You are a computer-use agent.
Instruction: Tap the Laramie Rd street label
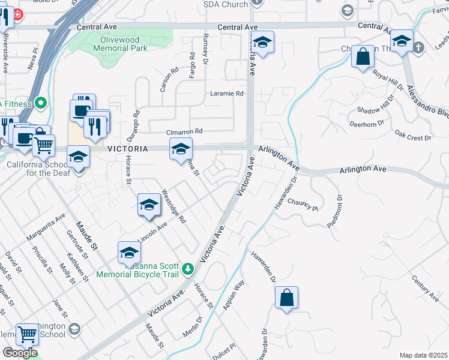coord(226,94)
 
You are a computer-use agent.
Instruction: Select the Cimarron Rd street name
coord(185,131)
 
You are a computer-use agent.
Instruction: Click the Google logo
coord(20,353)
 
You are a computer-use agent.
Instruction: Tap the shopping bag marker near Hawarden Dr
coord(287,298)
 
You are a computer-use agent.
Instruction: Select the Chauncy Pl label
coord(302,205)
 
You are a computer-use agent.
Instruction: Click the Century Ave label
coord(426,289)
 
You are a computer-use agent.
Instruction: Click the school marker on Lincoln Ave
coord(149,205)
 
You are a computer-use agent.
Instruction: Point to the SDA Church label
coord(226,5)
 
